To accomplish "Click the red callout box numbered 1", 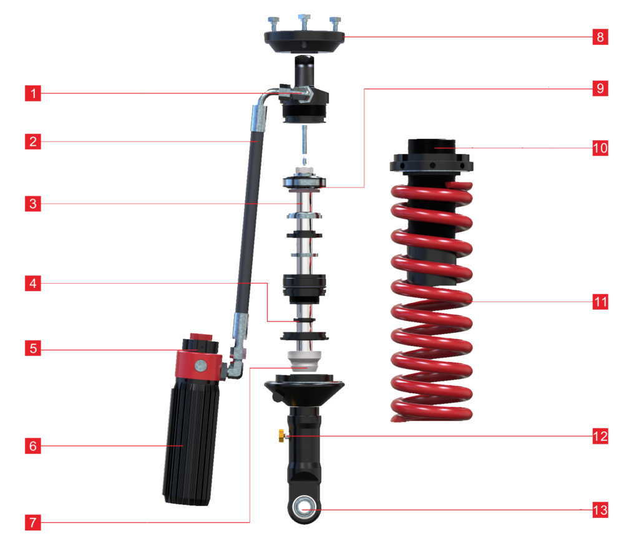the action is (x=33, y=93).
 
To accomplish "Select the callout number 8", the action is (x=600, y=37).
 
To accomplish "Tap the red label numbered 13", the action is (x=600, y=510).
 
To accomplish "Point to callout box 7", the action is (x=33, y=522).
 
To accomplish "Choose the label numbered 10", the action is (x=600, y=148).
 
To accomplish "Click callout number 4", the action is (x=33, y=284).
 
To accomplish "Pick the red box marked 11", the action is (x=600, y=302).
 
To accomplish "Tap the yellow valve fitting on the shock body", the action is (x=282, y=435).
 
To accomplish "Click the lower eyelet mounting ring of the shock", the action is (x=304, y=509).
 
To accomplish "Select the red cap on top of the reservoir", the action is (x=201, y=337).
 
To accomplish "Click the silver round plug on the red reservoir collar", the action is (x=200, y=366).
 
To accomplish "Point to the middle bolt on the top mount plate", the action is (x=304, y=22).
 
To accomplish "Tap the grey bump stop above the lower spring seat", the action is (x=304, y=361).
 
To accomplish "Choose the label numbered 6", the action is (x=33, y=446).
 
